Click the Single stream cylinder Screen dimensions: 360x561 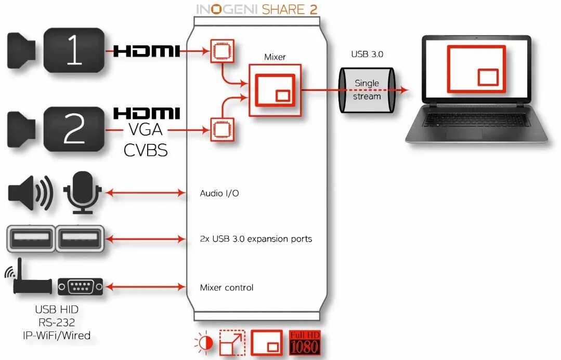pos(367,90)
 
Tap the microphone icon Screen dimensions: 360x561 pos(82,191)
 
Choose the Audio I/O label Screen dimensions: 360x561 pos(219,193)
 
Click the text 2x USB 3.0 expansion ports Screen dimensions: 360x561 pos(256,239)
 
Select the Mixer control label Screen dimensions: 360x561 pos(227,287)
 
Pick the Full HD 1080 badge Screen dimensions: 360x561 pos(305,342)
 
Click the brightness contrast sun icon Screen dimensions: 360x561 pos(203,343)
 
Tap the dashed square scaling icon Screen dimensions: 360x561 pos(232,342)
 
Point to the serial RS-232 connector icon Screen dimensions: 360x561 pos(80,286)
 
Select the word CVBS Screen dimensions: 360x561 pos(146,150)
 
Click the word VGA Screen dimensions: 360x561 pos(146,129)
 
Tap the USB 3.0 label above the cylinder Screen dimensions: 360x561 pos(367,54)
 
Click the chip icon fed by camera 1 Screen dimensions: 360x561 pos(222,50)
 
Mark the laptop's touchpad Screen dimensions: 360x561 pos(464,133)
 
